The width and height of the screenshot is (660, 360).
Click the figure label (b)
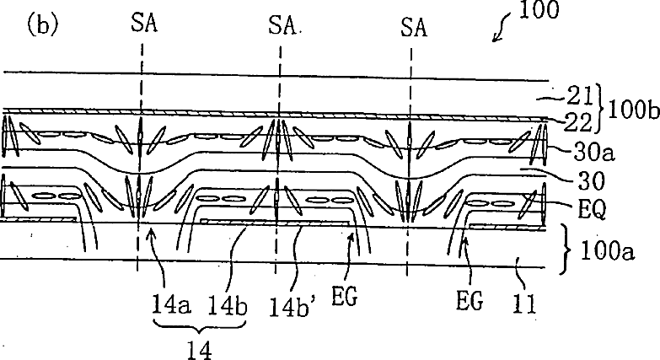41,24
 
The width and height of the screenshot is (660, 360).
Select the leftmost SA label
142,26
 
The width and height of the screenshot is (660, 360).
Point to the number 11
527,299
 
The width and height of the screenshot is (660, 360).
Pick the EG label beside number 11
470,299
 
